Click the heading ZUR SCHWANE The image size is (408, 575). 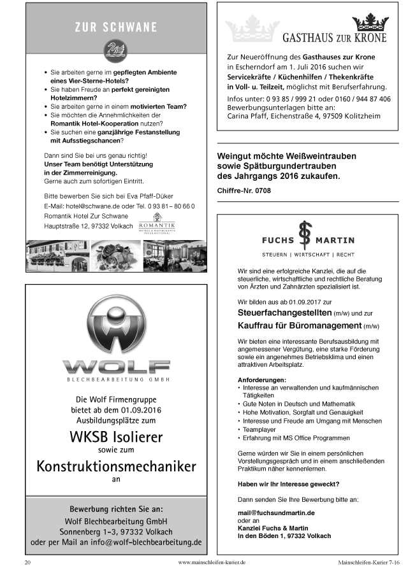(115, 27)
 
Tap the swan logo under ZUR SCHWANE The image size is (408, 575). (115, 49)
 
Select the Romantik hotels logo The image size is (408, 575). (156, 225)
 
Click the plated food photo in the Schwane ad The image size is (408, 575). (115, 254)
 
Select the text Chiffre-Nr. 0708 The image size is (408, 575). (244, 190)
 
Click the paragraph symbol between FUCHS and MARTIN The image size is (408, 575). (305, 236)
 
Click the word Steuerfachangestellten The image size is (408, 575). (284, 313)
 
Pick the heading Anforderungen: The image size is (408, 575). (261, 380)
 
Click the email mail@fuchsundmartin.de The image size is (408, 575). (276, 513)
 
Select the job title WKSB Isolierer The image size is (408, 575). (116, 437)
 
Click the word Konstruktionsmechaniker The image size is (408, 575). (116, 466)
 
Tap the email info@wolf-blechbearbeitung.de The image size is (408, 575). (150, 543)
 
